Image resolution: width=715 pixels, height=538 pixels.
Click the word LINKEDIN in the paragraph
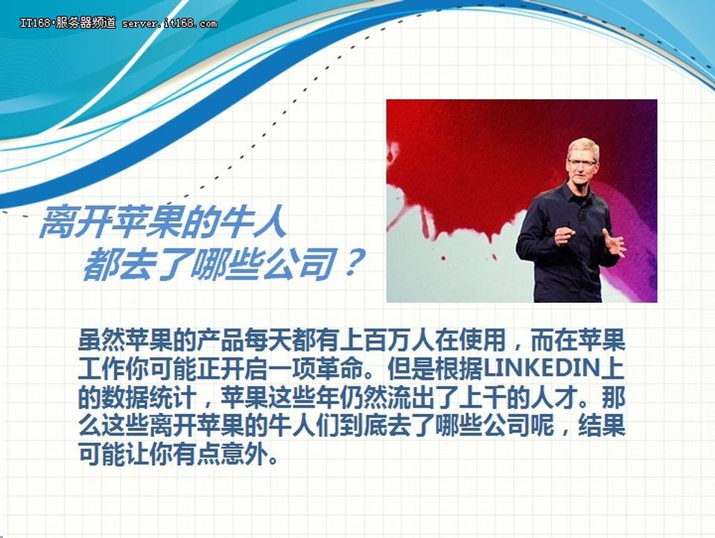[x=541, y=369]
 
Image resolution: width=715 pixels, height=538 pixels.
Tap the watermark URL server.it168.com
[x=169, y=23]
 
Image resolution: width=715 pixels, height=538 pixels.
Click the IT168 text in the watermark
[x=35, y=23]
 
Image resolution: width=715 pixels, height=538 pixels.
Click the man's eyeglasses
[x=582, y=161]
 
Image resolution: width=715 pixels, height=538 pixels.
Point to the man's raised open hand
[x=613, y=243]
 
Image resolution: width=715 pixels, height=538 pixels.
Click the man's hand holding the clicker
[x=565, y=237]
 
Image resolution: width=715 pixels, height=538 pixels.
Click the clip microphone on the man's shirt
[x=581, y=214]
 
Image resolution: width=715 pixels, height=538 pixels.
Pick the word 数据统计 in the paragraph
[x=150, y=399]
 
